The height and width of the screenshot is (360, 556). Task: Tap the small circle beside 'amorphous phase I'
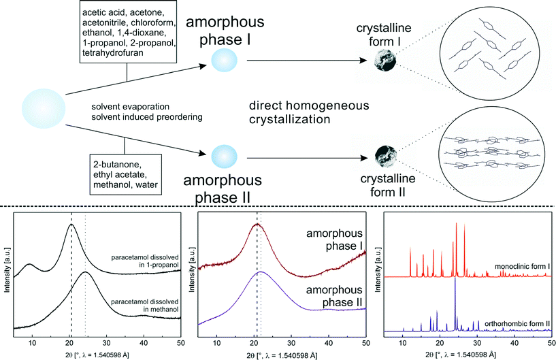click(225, 61)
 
